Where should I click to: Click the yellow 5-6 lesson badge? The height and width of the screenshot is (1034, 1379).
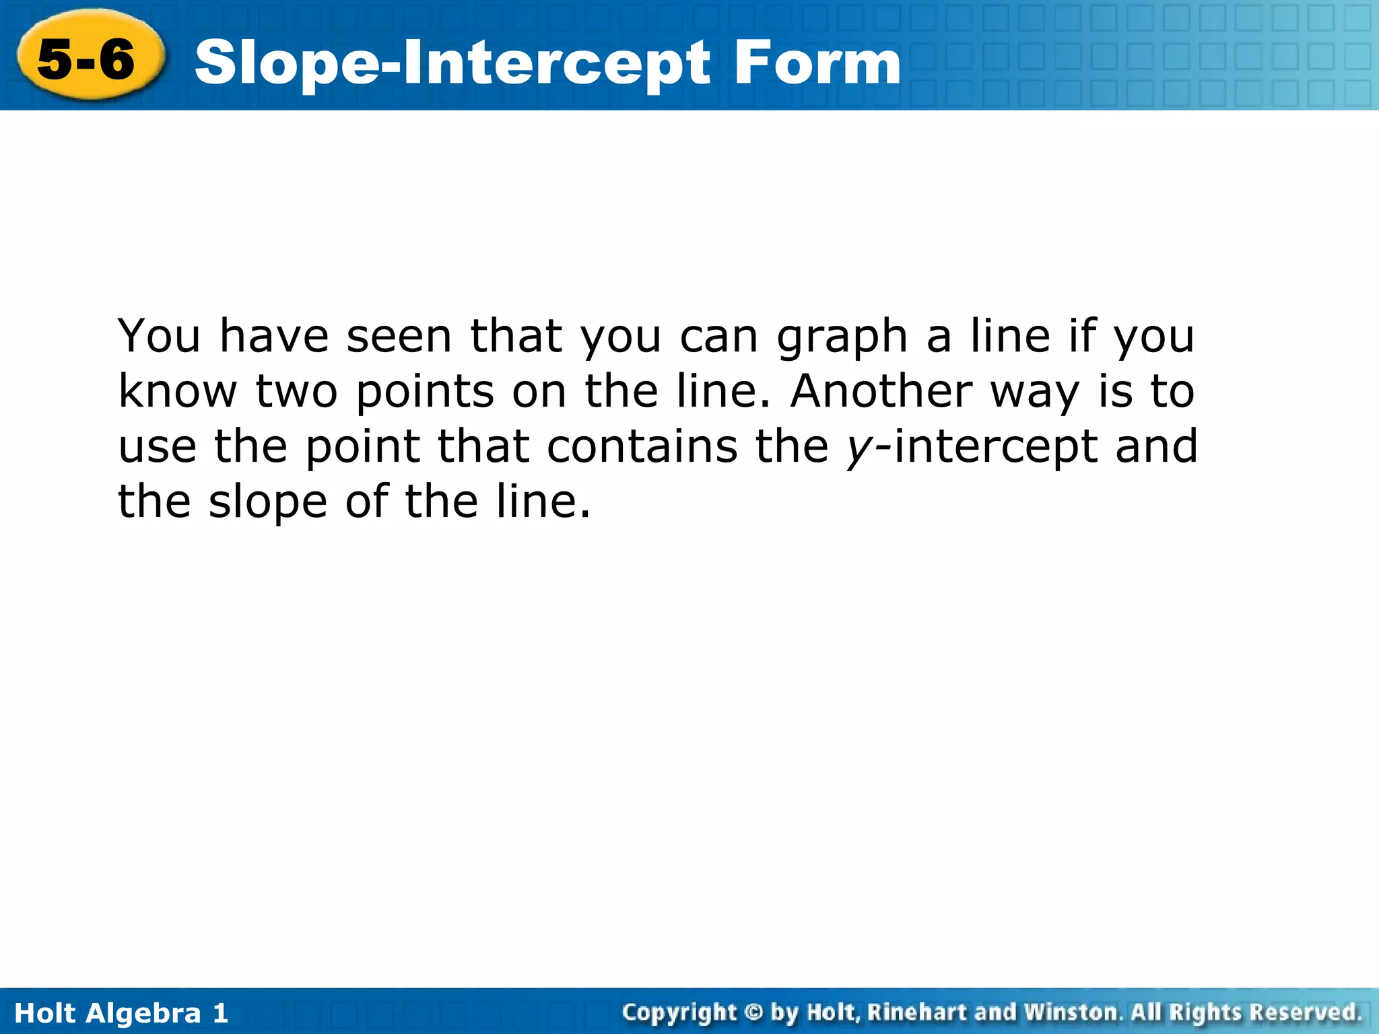88,57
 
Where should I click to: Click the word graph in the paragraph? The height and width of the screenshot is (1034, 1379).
842,337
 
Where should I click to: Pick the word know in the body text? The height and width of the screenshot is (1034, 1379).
178,391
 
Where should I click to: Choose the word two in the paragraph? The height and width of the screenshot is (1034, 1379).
296,391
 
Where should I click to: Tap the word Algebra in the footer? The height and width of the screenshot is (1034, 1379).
144,1013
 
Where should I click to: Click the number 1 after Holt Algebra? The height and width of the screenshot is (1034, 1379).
220,1013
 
